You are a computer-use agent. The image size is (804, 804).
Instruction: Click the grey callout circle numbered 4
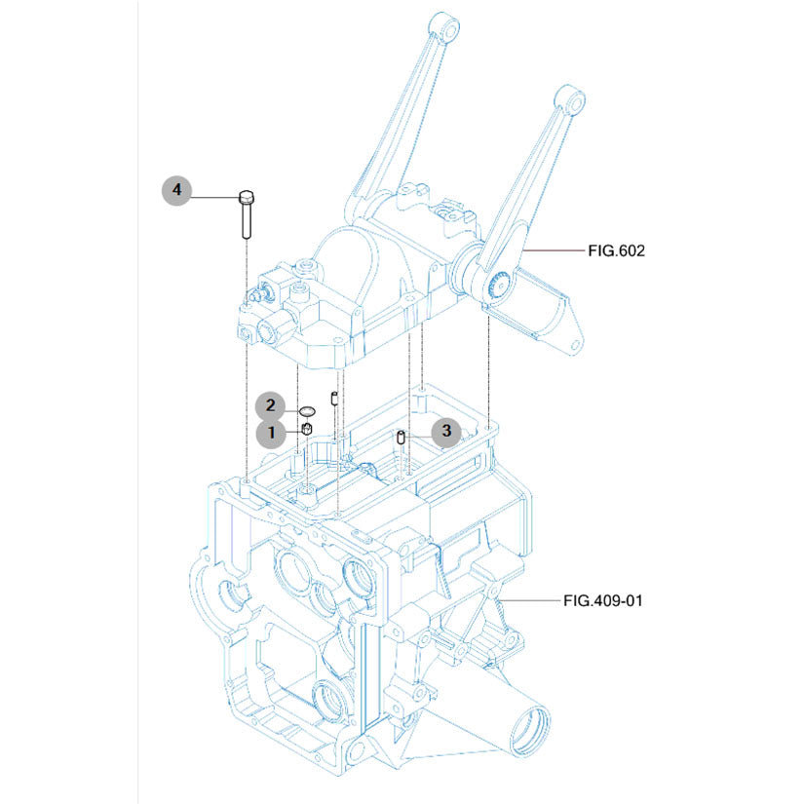(177, 190)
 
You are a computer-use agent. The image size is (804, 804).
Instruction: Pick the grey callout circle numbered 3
(445, 430)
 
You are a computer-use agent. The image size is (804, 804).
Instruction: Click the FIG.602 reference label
(616, 250)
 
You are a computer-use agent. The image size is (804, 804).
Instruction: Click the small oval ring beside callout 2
(305, 411)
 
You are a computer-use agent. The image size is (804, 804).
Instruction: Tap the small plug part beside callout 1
(305, 429)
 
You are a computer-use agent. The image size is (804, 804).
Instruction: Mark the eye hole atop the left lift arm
(444, 26)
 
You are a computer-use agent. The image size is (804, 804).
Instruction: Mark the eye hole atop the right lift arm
(570, 99)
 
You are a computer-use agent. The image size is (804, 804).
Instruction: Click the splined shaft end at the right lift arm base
(498, 285)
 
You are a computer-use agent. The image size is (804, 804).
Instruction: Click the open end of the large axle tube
(527, 730)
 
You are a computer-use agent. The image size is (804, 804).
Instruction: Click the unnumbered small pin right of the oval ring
(335, 397)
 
